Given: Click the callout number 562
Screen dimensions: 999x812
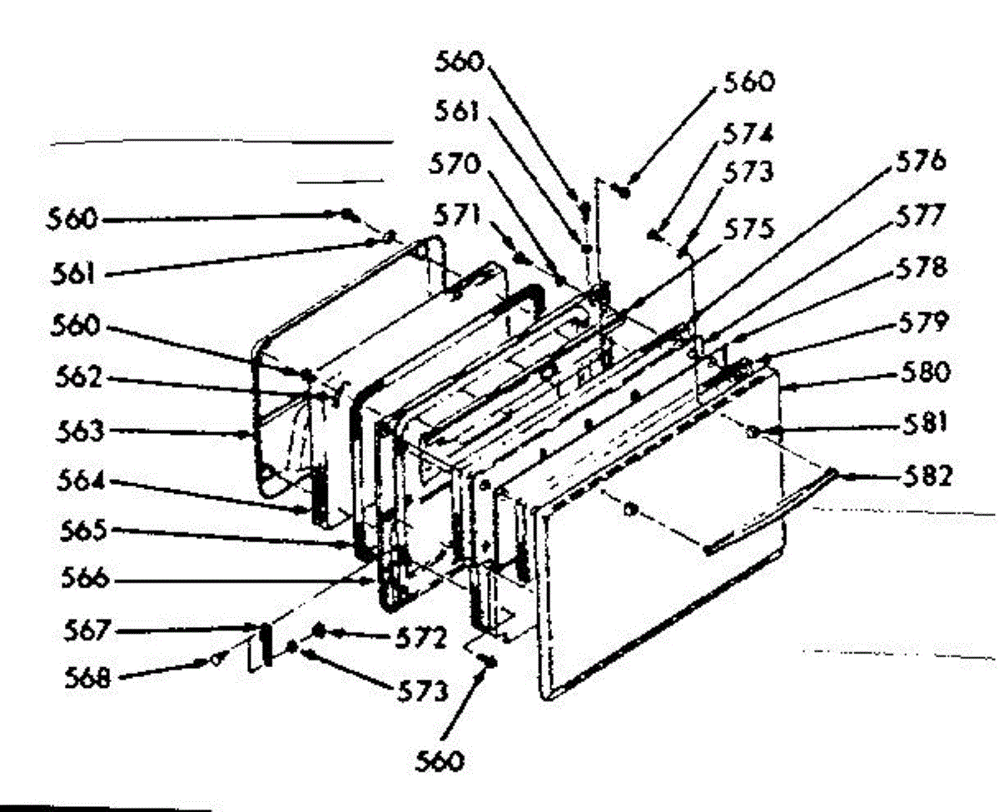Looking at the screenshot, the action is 78,376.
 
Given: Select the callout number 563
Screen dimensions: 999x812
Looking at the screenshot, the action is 79,431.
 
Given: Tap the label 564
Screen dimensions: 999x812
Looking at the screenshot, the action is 81,481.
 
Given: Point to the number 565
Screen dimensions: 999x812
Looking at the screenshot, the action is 83,531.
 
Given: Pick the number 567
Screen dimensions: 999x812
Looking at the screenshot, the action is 87,630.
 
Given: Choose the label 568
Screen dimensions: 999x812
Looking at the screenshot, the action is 87,677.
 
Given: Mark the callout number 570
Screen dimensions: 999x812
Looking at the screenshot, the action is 455,164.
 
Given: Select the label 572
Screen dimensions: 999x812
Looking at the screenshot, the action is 421,638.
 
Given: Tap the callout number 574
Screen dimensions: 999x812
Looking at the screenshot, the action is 748,134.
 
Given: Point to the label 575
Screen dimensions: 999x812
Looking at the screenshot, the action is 748,229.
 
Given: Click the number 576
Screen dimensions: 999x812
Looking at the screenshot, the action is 921,161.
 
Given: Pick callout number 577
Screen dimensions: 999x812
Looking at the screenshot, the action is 920,215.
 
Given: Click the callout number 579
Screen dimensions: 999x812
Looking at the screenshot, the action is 923,321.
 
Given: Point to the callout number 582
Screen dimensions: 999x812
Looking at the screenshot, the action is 926,476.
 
